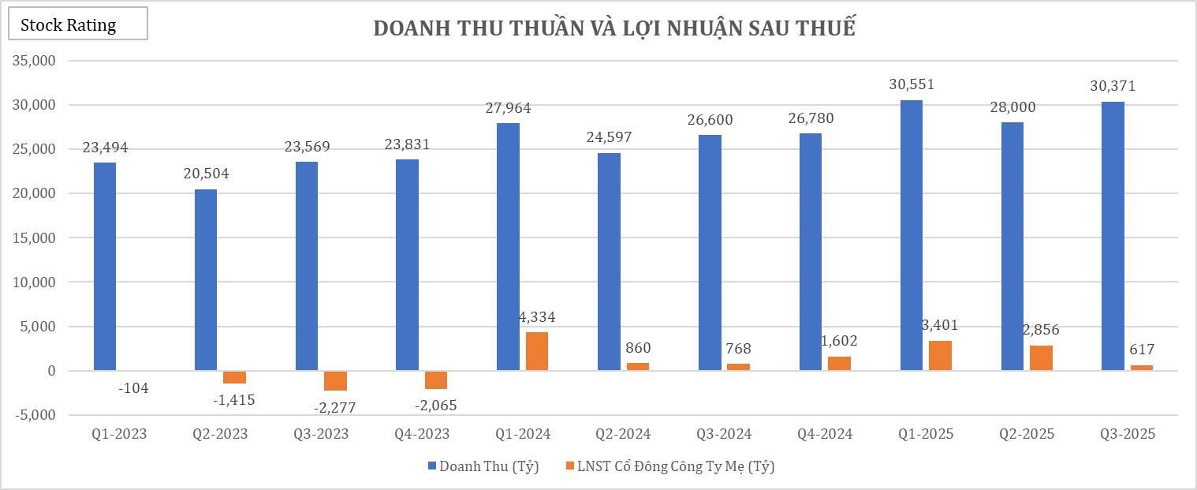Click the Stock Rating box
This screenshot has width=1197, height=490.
click(x=77, y=24)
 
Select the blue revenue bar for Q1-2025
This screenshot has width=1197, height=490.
click(x=912, y=235)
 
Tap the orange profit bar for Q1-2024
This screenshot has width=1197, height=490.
click(x=536, y=351)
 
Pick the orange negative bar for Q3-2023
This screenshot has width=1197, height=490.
click(x=335, y=380)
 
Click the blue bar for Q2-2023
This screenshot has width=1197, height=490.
click(x=205, y=280)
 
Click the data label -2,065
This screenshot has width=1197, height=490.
click(x=435, y=406)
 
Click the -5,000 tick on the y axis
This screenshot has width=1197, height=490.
click(x=32, y=415)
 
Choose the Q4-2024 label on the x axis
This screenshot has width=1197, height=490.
click(x=825, y=434)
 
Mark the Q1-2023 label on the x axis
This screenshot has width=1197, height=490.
click(x=119, y=434)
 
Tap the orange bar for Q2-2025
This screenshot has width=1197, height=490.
click(x=1041, y=357)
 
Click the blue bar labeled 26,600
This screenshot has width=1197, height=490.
click(x=710, y=252)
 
